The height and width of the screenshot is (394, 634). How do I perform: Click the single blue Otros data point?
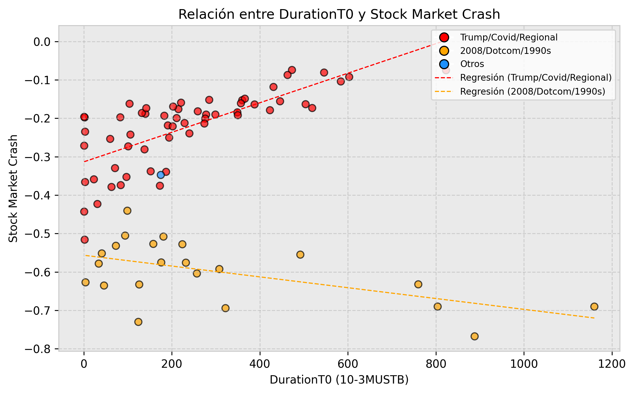(161, 175)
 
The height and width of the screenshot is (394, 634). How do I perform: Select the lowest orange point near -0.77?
(475, 336)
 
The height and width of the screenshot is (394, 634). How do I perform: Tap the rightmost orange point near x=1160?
(594, 307)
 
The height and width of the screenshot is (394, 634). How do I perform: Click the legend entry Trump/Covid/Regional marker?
(444, 37)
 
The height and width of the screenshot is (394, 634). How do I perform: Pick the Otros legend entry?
(472, 64)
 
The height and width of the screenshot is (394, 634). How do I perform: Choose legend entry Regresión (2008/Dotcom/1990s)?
(532, 92)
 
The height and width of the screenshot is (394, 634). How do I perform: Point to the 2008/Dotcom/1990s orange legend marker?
(444, 51)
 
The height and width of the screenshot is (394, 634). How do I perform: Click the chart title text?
(339, 14)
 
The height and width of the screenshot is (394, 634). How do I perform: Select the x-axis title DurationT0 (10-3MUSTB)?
(339, 380)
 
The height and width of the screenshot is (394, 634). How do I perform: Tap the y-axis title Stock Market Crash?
(13, 188)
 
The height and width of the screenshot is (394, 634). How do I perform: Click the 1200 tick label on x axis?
(612, 364)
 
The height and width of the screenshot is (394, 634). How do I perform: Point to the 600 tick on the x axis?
(348, 364)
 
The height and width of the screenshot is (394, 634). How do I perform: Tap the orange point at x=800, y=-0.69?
(438, 307)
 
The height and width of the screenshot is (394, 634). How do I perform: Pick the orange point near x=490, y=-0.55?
(300, 255)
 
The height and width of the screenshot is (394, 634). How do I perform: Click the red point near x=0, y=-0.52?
(84, 240)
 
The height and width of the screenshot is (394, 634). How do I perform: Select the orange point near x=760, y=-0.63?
(418, 284)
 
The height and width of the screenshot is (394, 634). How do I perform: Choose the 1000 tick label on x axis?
(524, 364)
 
